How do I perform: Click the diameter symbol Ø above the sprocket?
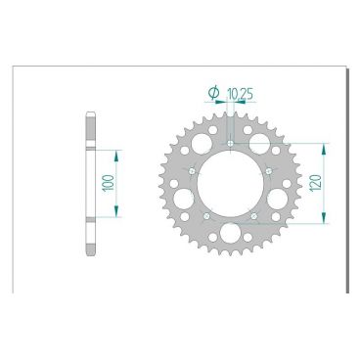[213, 93]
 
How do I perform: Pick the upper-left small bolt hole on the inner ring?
[194, 171]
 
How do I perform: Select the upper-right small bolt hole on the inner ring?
[268, 171]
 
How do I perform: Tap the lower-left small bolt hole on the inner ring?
[207, 214]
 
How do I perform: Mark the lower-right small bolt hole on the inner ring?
[254, 214]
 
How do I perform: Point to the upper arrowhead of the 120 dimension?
[324, 148]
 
